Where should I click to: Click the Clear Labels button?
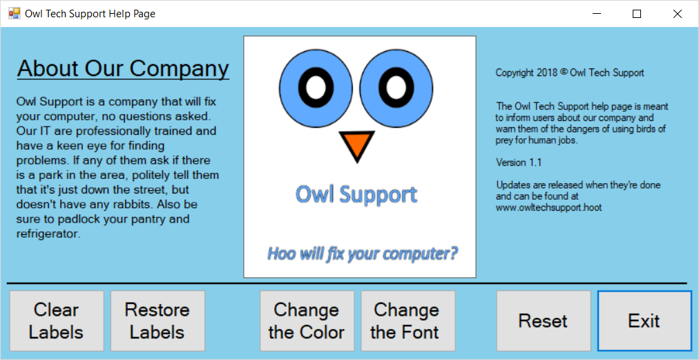(x=57, y=321)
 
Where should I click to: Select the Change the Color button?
(x=307, y=321)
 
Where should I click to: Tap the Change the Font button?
(x=408, y=321)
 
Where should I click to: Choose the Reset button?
(x=544, y=321)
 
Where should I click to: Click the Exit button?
(x=644, y=321)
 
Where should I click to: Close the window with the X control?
(x=678, y=14)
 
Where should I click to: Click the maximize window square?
(x=637, y=14)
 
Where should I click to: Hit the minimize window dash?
(x=597, y=15)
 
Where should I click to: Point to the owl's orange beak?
(x=356, y=144)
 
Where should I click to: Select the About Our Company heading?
(x=123, y=68)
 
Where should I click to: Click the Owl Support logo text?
(x=356, y=194)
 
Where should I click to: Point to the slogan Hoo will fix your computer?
(x=363, y=254)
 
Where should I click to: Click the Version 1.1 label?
(x=519, y=162)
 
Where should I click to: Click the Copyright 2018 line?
(x=570, y=73)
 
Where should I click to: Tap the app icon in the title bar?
(x=15, y=13)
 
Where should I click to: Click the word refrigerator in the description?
(x=48, y=234)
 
